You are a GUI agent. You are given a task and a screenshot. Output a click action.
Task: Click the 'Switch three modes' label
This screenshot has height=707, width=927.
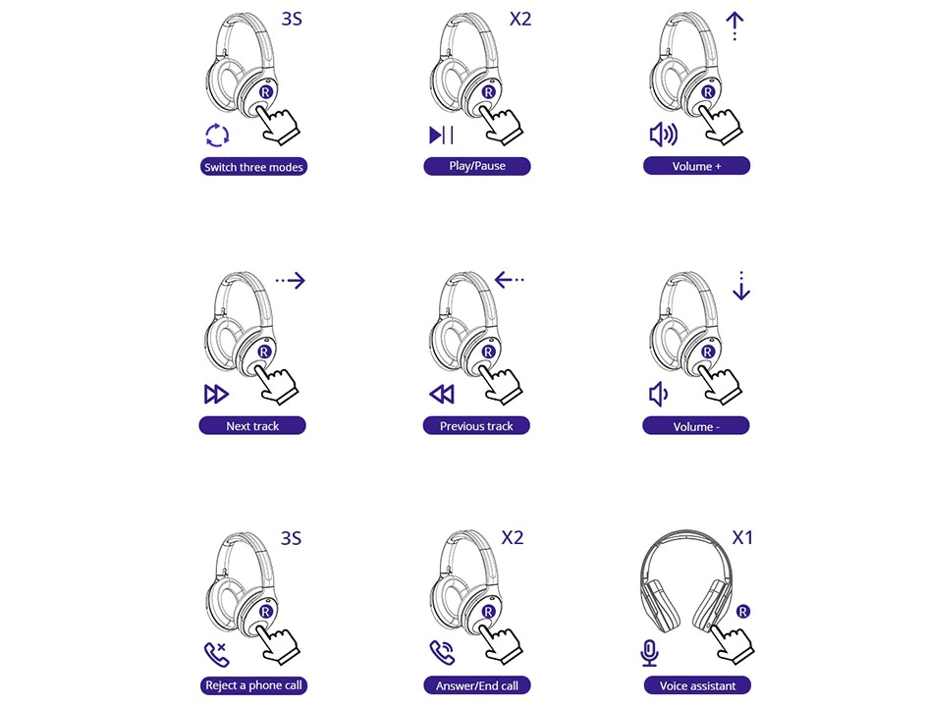click(x=253, y=167)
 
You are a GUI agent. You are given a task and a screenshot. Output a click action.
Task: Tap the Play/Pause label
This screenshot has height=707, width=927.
click(x=477, y=166)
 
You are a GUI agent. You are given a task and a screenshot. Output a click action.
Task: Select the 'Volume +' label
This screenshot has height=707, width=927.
click(x=696, y=166)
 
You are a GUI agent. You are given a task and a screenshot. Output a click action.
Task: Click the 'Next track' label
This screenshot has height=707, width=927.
click(x=252, y=425)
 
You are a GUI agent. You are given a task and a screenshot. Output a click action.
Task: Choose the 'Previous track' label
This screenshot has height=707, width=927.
click(x=476, y=425)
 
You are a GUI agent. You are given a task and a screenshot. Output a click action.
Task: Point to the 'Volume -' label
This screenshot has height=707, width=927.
click(x=696, y=425)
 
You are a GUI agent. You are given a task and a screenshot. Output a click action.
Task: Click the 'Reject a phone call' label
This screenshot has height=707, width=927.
click(x=253, y=685)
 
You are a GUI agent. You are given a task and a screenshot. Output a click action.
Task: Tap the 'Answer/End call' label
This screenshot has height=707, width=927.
click(x=477, y=685)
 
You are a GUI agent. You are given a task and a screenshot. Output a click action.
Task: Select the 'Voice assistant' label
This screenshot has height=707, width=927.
click(x=697, y=685)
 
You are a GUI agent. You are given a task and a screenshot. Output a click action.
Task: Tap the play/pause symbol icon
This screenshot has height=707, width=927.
click(x=441, y=135)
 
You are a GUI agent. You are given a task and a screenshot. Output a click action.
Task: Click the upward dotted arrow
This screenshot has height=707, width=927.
click(x=735, y=27)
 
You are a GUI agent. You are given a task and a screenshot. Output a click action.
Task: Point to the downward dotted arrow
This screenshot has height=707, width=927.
click(x=741, y=286)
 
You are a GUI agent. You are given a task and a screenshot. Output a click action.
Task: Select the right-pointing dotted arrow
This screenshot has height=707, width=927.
click(x=291, y=280)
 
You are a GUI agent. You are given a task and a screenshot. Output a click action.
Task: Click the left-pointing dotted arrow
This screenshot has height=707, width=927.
click(x=509, y=279)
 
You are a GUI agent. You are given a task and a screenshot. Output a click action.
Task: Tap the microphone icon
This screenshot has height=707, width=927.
click(x=649, y=653)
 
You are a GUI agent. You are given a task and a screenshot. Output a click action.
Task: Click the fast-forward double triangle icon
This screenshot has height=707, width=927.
click(x=216, y=394)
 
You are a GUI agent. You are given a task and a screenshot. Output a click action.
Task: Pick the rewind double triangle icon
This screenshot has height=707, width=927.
click(x=442, y=394)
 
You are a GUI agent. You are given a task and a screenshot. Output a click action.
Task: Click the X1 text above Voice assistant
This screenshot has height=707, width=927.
click(x=742, y=537)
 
